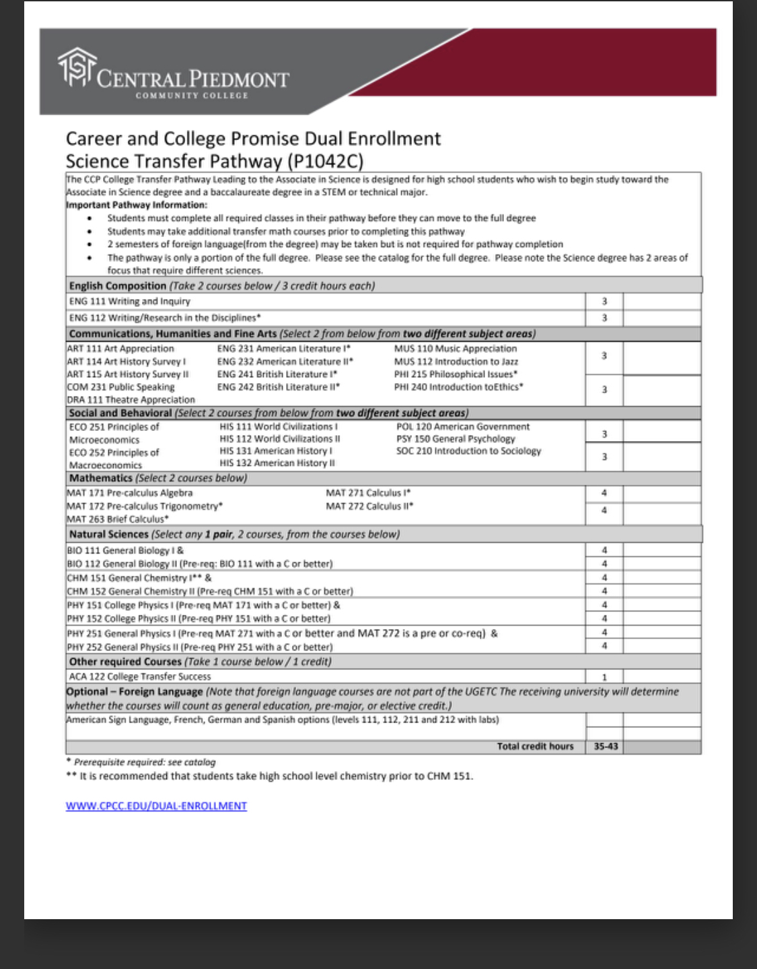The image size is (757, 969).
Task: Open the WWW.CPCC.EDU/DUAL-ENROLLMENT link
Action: click(x=156, y=805)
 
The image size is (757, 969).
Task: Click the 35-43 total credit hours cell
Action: click(x=606, y=746)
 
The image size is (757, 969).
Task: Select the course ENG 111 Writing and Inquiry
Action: click(x=130, y=301)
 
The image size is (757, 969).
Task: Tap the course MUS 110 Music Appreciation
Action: click(x=455, y=348)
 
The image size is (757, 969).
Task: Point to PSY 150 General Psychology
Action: click(x=455, y=438)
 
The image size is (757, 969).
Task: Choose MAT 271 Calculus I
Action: click(x=368, y=492)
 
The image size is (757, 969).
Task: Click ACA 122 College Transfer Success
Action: click(x=140, y=676)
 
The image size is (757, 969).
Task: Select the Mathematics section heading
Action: click(x=101, y=477)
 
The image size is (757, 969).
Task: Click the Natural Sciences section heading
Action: click(x=108, y=534)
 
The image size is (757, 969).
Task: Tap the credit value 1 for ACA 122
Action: click(x=604, y=677)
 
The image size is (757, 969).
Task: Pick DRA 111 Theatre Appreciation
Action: click(x=131, y=399)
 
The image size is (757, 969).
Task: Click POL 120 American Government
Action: click(x=462, y=426)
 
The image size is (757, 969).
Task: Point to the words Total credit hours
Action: click(x=535, y=746)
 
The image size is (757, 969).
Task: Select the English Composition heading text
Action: click(x=117, y=286)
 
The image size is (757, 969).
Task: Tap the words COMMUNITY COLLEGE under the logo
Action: click(x=192, y=96)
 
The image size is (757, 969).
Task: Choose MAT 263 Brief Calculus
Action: click(x=117, y=519)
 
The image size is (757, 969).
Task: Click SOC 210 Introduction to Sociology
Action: click(x=468, y=450)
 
